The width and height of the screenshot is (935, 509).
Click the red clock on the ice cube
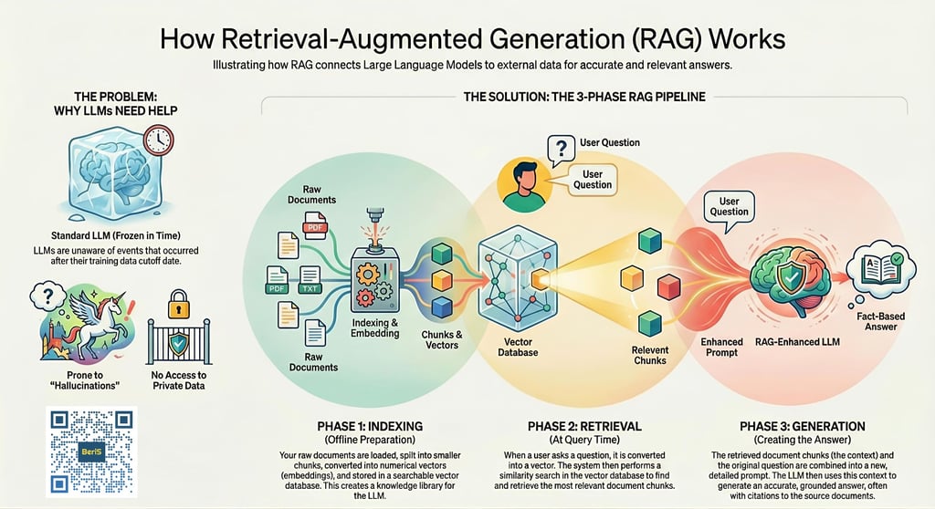coord(158,140)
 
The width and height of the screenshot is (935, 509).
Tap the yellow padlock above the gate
coord(178,304)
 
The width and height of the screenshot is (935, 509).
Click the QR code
coord(91,452)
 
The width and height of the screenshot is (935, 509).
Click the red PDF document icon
coord(315,225)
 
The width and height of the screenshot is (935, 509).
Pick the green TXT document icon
coord(310,280)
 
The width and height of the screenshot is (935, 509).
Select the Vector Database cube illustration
coord(518,277)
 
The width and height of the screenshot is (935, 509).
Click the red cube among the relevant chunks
coord(668,286)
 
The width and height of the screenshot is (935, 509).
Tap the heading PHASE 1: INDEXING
coord(370,426)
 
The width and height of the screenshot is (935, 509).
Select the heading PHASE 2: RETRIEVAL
coord(584,426)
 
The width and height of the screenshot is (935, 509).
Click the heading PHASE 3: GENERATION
coord(802,426)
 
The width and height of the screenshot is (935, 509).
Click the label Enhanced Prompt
coord(721,347)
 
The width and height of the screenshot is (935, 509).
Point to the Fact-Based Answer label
coord(881,321)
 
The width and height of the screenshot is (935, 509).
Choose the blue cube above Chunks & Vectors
coord(442,306)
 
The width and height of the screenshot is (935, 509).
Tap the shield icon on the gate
coord(178,343)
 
